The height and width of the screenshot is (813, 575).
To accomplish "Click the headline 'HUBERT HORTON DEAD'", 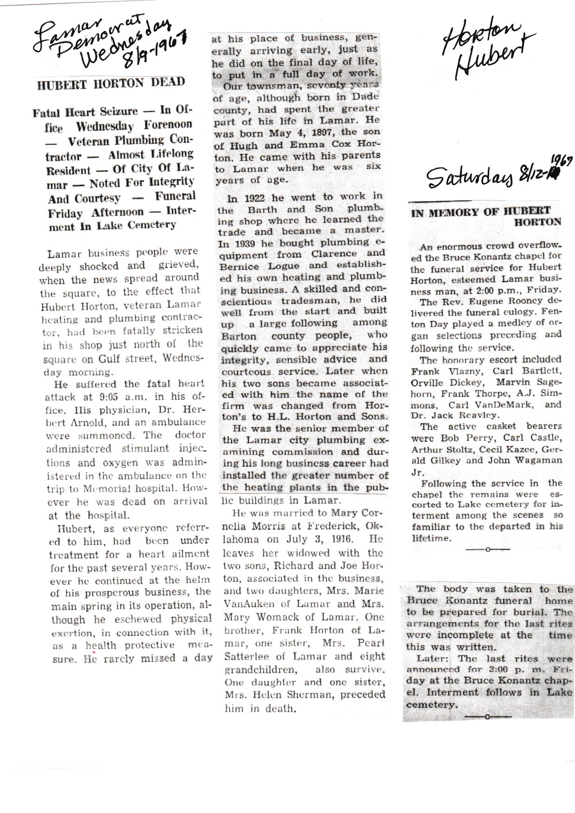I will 111,84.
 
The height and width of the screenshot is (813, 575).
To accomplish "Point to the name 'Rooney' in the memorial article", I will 508,300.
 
